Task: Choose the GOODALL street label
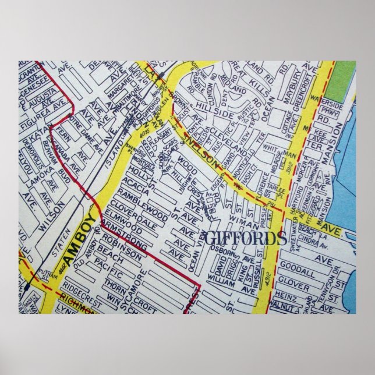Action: point(297,263)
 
